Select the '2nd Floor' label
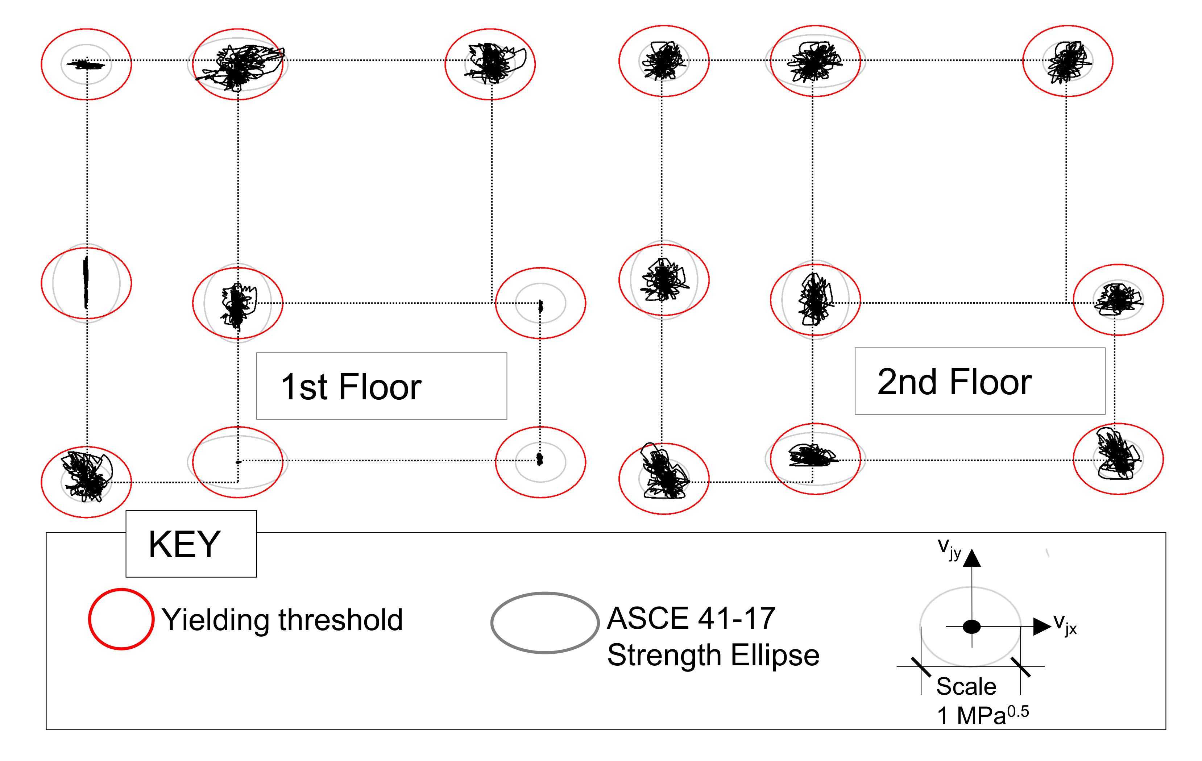[954, 382]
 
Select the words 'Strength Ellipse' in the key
[713, 655]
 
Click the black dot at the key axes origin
[971, 627]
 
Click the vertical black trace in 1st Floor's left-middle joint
[86, 283]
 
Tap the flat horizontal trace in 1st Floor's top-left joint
[87, 64]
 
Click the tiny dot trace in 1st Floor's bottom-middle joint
[238, 462]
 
